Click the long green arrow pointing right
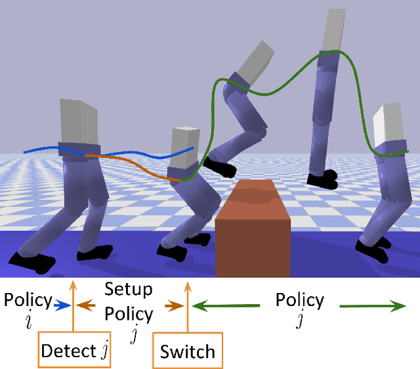[371, 305]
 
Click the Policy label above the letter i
[28, 300]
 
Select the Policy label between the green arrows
[299, 300]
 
